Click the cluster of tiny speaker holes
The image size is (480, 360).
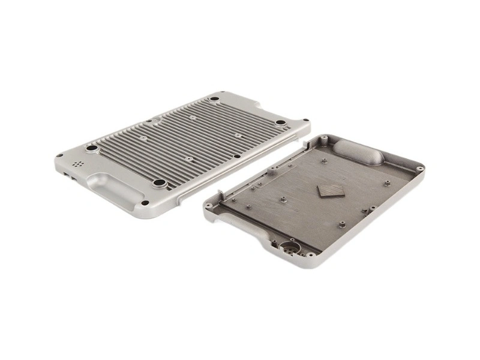[x=77, y=163]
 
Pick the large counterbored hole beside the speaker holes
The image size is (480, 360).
[x=92, y=148]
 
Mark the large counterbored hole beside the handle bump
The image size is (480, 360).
[x=159, y=183]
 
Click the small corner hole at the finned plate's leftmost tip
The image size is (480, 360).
[x=59, y=155]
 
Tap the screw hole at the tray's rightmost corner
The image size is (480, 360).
[x=421, y=169]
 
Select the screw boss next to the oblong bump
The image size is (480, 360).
[x=325, y=145]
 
